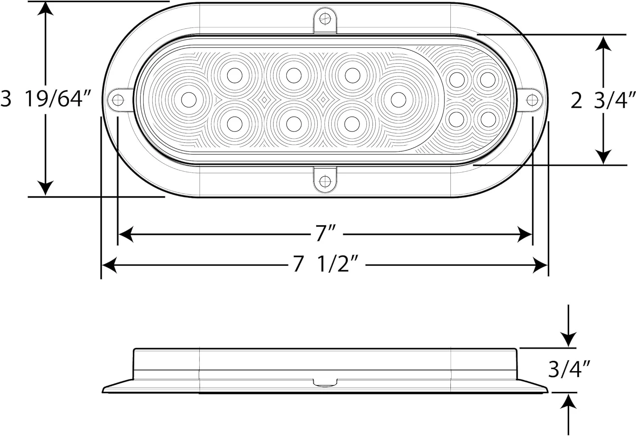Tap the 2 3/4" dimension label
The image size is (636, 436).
[x=603, y=100]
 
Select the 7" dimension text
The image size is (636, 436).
[x=326, y=233]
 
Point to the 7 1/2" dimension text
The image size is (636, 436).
[x=326, y=264]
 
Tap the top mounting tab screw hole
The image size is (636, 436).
[x=325, y=19]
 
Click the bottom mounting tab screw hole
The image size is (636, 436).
[x=325, y=181]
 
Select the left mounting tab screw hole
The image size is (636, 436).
[x=118, y=100]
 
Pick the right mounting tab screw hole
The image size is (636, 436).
[x=532, y=100]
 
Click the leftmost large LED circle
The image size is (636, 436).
[x=189, y=100]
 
